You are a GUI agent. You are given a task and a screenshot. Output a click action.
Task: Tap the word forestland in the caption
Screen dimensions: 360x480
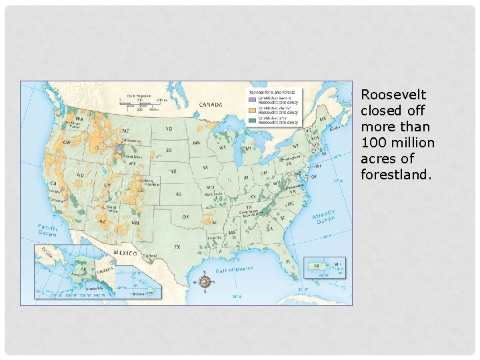click(x=395, y=175)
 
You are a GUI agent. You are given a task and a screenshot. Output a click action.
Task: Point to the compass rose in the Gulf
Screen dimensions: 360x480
click(x=205, y=281)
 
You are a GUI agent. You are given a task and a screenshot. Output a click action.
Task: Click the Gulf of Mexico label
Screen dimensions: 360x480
click(x=234, y=269)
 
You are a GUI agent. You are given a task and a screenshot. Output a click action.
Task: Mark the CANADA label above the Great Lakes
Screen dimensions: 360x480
click(x=211, y=104)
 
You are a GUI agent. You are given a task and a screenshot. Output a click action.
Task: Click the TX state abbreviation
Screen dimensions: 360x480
click(x=177, y=247)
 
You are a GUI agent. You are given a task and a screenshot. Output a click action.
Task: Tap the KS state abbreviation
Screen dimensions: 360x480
click(x=179, y=193)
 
